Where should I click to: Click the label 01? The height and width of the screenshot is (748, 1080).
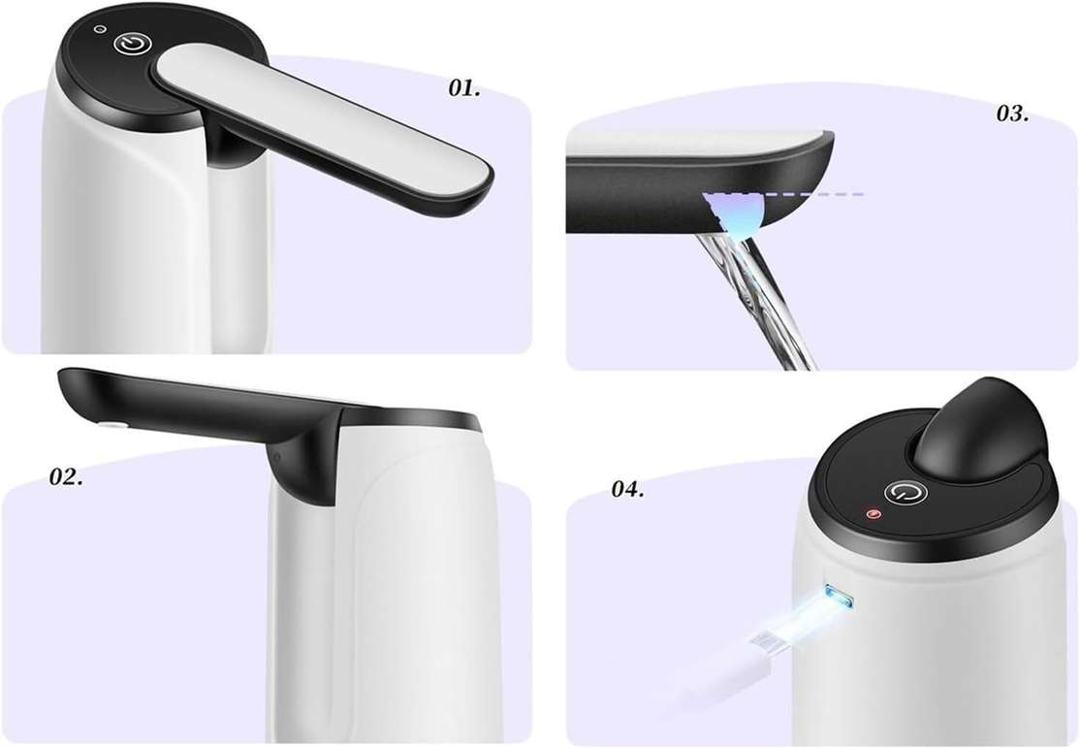pos(464,88)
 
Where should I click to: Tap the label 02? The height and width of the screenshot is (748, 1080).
pos(66,477)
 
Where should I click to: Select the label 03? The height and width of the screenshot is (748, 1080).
pos(1012,114)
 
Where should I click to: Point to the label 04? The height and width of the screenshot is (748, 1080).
pos(627,489)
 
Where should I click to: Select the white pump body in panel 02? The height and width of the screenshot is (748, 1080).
pos(407,582)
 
